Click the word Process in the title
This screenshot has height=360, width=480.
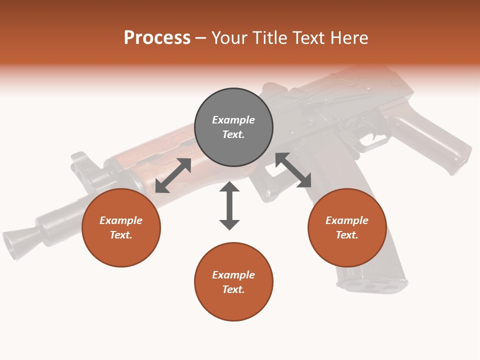pyautogui.click(x=157, y=37)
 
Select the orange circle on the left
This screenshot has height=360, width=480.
pyautogui.click(x=121, y=227)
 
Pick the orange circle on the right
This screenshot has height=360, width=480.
pyautogui.click(x=347, y=227)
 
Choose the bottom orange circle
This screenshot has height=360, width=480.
pyautogui.click(x=233, y=282)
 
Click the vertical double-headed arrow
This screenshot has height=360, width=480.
pyautogui.click(x=229, y=205)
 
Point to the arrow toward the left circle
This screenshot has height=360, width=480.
pyautogui.click(x=173, y=175)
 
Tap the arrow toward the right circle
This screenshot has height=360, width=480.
pyautogui.click(x=293, y=170)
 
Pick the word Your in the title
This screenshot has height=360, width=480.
pyautogui.click(x=229, y=37)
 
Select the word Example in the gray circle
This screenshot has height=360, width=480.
pyautogui.click(x=233, y=120)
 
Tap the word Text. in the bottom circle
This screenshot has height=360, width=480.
pyautogui.click(x=233, y=289)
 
